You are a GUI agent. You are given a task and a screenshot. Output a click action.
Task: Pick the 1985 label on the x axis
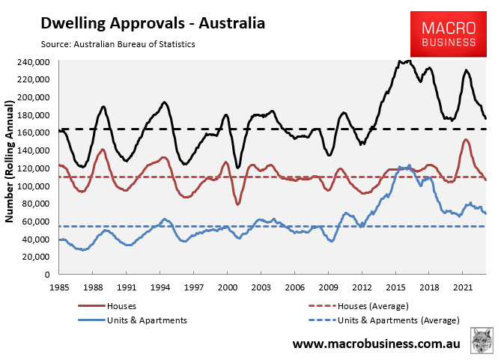point(59,287)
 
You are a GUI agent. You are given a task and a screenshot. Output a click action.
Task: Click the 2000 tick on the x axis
point(227,287)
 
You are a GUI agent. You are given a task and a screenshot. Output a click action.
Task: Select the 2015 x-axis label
point(395,287)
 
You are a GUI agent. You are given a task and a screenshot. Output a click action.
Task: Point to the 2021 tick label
point(463,287)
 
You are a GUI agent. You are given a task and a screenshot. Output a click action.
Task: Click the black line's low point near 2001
point(237,167)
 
